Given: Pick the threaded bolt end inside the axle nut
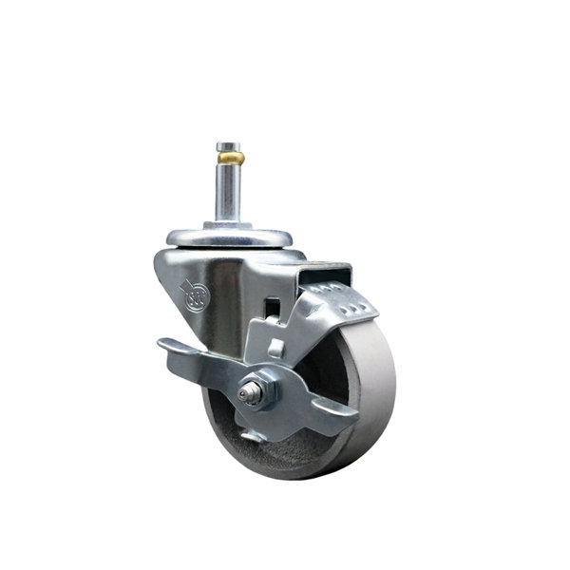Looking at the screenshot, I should [x=248, y=391].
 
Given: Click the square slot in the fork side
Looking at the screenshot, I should [x=272, y=309].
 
